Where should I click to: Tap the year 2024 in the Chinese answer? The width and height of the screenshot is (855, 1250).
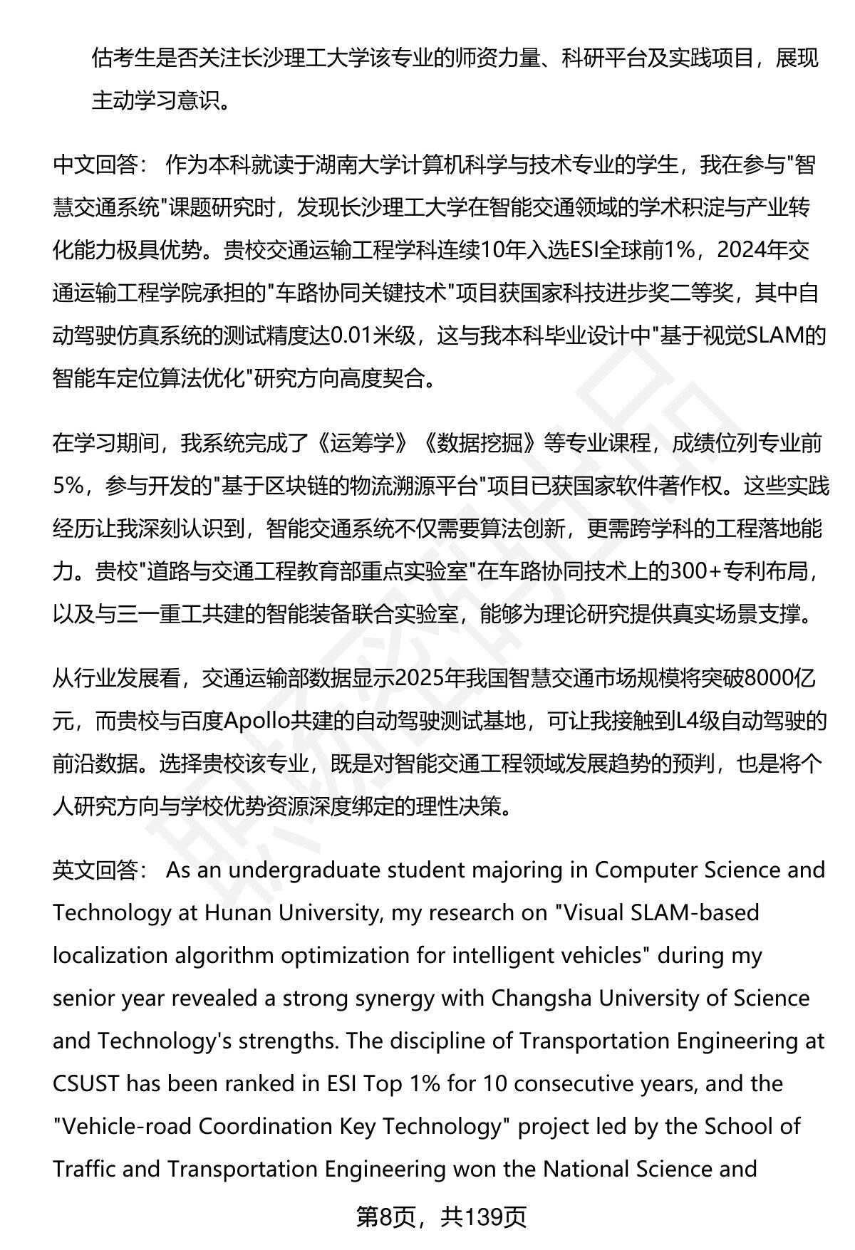[745, 251]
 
